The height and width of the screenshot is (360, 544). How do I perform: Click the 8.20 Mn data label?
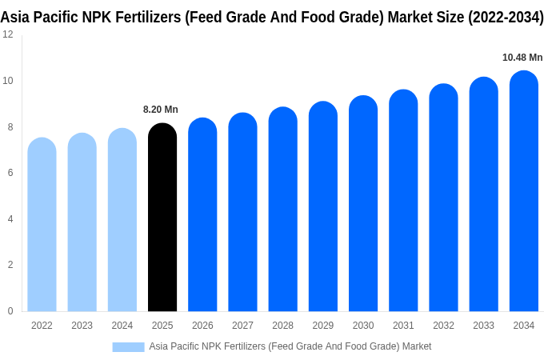click(161, 110)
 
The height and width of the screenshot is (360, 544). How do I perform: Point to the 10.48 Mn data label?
click(522, 58)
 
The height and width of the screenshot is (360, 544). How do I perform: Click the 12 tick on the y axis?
click(7, 34)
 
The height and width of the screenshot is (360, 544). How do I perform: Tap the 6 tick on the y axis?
click(10, 173)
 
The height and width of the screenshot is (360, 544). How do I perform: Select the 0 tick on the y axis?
click(10, 311)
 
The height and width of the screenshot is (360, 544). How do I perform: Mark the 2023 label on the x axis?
click(82, 326)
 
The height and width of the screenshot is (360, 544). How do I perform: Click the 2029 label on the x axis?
click(322, 326)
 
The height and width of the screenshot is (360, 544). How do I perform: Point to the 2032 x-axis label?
click(443, 326)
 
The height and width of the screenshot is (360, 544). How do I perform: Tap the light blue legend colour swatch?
click(128, 346)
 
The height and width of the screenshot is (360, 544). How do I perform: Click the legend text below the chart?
click(290, 346)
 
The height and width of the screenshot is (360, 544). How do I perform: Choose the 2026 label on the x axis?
click(202, 326)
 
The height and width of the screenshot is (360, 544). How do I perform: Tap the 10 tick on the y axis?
click(7, 81)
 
